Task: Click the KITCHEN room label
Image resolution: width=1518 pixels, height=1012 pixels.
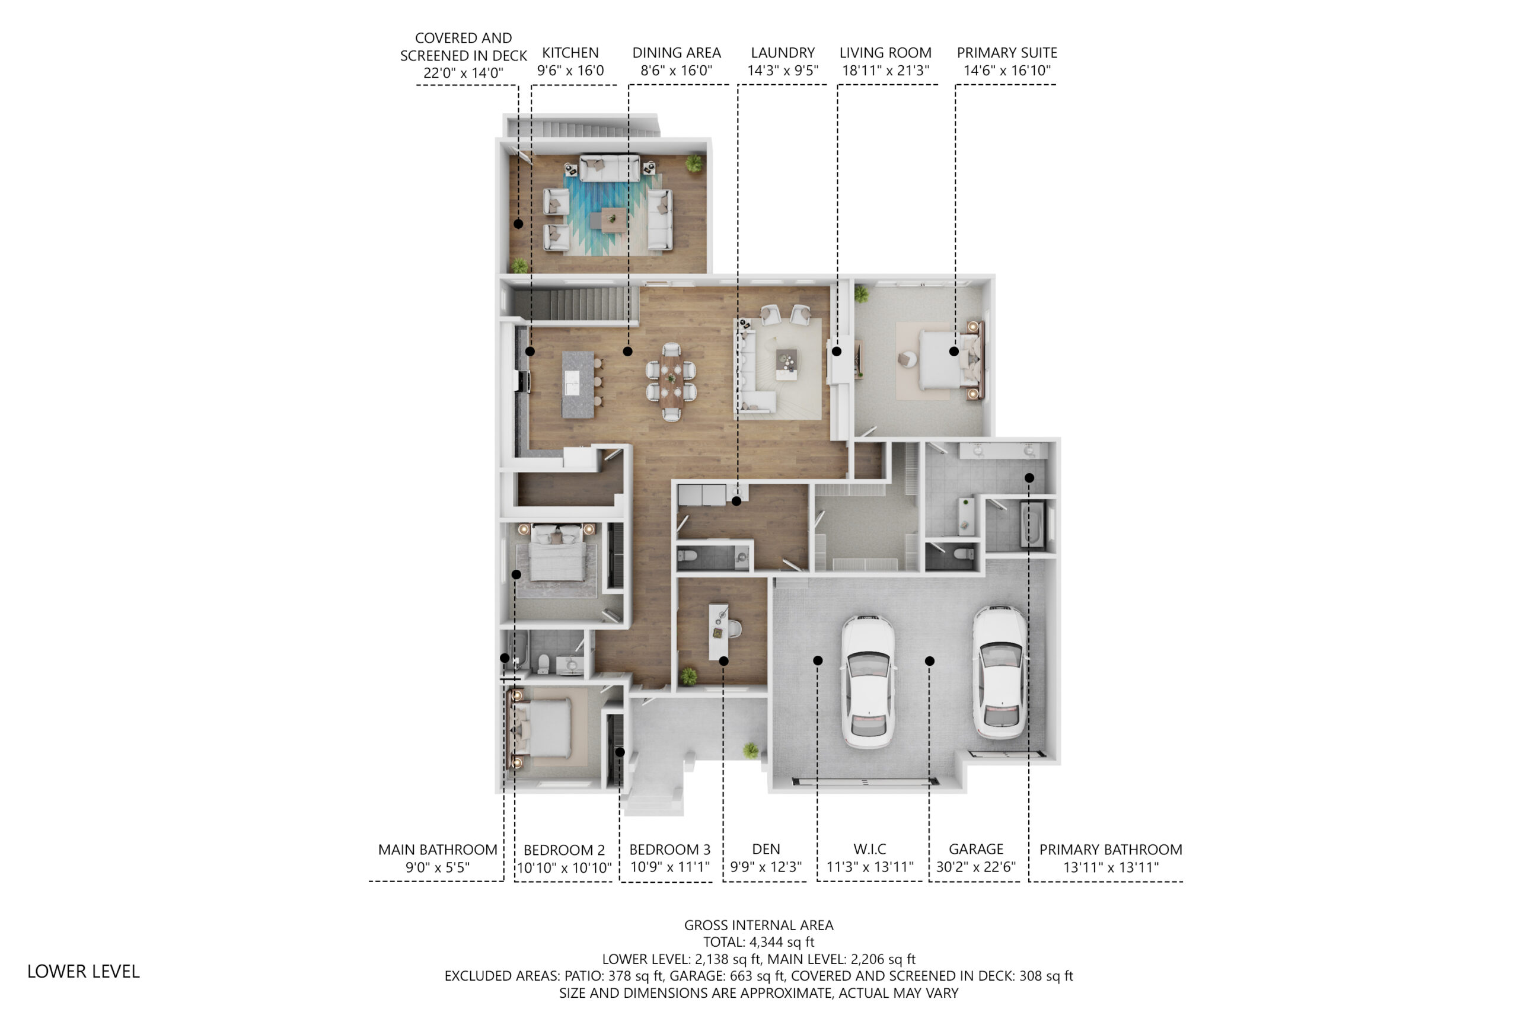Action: click(570, 53)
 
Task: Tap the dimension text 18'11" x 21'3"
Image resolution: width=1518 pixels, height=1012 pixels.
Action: click(885, 71)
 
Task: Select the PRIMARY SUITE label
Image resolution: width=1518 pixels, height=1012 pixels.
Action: click(1007, 53)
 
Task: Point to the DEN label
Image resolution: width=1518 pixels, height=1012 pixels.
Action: click(766, 850)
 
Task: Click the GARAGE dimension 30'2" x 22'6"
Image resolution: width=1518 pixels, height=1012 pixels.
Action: click(976, 867)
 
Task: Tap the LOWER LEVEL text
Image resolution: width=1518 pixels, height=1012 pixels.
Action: click(83, 971)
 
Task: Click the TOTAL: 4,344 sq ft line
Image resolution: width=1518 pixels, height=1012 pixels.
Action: click(759, 942)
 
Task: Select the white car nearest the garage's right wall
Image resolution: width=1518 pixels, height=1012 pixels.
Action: click(1000, 671)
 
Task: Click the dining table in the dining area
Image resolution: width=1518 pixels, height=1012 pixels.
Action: click(671, 381)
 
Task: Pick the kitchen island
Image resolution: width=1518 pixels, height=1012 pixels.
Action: click(578, 384)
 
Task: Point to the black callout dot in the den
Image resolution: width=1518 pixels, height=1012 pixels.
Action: click(723, 661)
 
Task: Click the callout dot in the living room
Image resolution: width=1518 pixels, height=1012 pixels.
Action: click(837, 352)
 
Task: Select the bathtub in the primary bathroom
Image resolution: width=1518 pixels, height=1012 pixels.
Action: click(1032, 524)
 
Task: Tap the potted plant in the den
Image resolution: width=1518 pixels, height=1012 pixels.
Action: click(688, 676)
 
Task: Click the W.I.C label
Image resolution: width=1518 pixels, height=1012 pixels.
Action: click(869, 850)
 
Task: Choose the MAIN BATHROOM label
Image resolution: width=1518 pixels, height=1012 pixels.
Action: click(438, 850)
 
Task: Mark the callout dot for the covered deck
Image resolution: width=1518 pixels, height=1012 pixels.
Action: click(518, 224)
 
